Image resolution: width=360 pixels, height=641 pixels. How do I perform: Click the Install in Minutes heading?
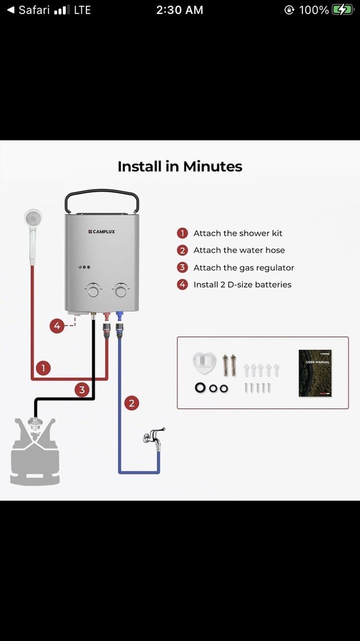point(180,167)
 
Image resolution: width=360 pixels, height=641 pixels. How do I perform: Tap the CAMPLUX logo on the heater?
point(102,232)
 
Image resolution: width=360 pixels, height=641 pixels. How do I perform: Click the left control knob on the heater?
point(93,290)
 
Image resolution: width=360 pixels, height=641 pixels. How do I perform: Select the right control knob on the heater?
point(120,290)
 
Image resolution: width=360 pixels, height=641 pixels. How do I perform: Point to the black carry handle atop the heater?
point(102,191)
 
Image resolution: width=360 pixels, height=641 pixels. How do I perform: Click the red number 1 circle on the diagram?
point(43,368)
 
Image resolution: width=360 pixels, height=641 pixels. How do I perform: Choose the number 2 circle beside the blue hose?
point(131,403)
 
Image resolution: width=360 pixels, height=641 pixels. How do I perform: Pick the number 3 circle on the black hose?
point(82,390)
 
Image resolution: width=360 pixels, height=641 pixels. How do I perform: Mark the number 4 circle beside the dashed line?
point(57,326)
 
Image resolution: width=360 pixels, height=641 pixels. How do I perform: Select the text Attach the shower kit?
point(238,233)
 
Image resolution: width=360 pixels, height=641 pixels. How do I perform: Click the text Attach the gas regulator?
point(244,268)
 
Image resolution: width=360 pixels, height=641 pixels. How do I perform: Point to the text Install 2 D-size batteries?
point(242,285)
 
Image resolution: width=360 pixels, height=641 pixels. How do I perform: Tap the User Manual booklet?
point(315,373)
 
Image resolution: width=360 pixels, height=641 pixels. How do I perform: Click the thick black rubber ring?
point(200,388)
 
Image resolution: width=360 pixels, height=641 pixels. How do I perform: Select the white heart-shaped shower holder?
point(204,362)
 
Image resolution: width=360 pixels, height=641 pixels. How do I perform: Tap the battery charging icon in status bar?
point(343,10)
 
